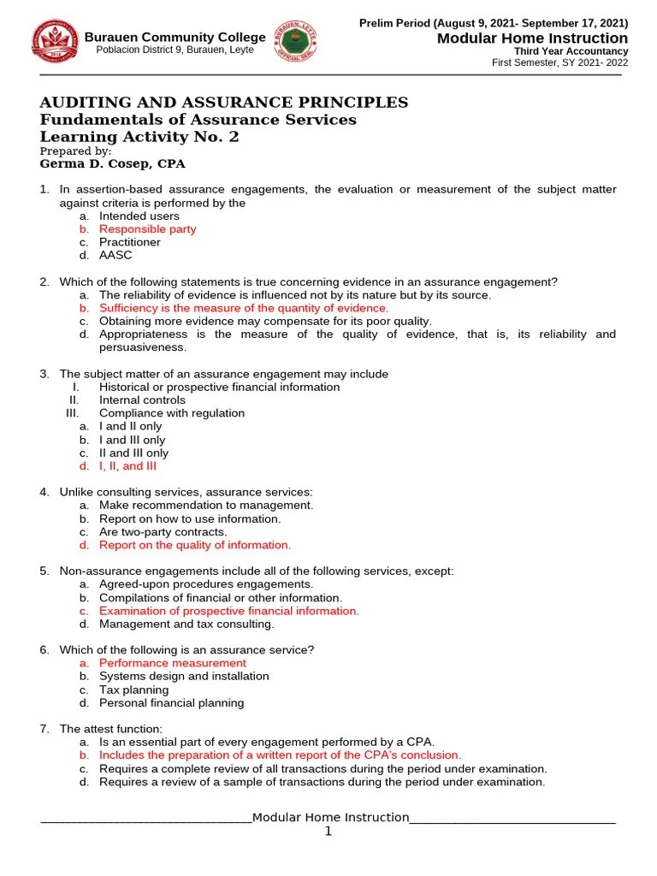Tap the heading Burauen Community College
(x=175, y=37)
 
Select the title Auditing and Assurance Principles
(x=224, y=103)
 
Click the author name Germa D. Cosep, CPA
(x=113, y=163)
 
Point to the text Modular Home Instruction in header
(x=532, y=38)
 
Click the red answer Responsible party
(x=147, y=229)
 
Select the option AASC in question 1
(x=115, y=256)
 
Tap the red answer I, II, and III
(x=127, y=466)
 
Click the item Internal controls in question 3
(x=142, y=400)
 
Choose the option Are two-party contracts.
(x=163, y=532)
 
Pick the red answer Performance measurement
(x=172, y=663)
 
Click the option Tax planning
(x=133, y=690)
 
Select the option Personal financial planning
(x=171, y=703)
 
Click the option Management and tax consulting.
(x=186, y=624)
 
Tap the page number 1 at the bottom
(x=328, y=831)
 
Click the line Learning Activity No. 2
(x=140, y=137)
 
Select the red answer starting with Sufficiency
(x=243, y=308)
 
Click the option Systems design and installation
(x=184, y=676)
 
